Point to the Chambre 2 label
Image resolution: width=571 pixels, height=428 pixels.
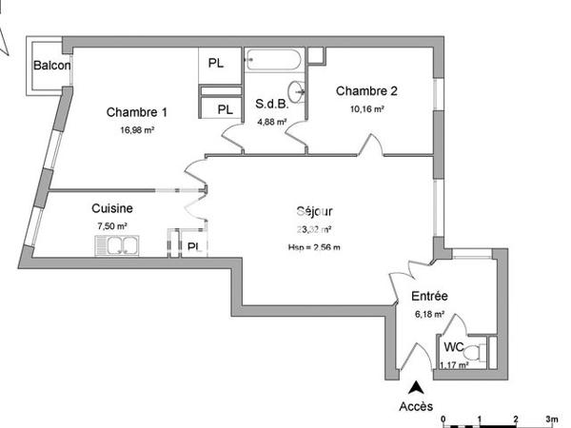click(x=365, y=91)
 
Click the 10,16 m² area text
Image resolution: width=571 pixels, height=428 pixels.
click(x=365, y=109)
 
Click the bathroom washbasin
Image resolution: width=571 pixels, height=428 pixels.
click(x=300, y=92)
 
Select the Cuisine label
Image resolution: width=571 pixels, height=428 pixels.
click(x=111, y=208)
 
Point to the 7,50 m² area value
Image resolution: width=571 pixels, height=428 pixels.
click(x=111, y=226)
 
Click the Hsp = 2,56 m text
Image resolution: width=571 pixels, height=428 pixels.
click(x=313, y=247)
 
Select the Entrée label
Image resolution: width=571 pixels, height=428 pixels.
click(x=430, y=296)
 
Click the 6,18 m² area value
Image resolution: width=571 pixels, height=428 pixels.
click(x=430, y=313)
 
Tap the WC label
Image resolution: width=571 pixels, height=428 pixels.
click(x=453, y=347)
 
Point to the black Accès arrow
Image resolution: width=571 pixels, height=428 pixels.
click(x=415, y=387)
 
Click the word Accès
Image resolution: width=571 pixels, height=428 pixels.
click(x=416, y=406)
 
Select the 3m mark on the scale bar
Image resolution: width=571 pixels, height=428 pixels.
click(x=552, y=418)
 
